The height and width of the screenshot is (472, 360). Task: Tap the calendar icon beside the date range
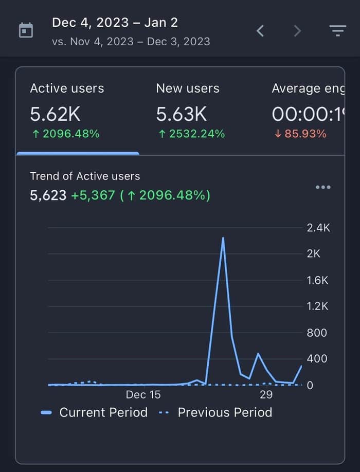26,30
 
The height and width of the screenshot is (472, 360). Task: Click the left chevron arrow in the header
260,31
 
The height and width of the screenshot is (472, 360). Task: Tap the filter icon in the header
338,31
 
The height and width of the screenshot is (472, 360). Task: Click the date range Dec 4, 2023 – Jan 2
115,23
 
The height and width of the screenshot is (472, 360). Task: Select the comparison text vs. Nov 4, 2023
93,42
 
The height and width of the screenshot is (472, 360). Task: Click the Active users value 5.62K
55,114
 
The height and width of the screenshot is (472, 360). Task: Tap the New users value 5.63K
181,114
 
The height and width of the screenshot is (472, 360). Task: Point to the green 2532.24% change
192,134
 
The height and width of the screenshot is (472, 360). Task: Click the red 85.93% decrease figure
300,134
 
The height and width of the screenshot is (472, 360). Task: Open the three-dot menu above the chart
323,187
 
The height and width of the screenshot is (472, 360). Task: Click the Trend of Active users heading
85,176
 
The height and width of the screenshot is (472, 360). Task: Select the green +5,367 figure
93,195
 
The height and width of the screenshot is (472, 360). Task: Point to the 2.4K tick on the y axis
318,228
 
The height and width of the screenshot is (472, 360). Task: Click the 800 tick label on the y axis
317,333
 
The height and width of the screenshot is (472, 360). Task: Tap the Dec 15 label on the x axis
143,395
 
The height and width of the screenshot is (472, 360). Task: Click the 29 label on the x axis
266,395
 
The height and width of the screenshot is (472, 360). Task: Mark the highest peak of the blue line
223,238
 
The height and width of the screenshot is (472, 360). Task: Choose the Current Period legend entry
94,412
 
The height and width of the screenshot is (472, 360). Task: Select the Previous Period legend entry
215,412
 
